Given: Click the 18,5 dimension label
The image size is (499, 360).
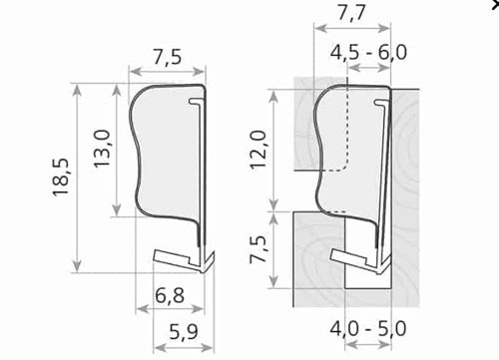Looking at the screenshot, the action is pos(61,177).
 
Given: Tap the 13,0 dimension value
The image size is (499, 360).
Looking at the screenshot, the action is pos(102,149).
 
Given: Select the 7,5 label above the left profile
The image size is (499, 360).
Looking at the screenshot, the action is pos(168,57).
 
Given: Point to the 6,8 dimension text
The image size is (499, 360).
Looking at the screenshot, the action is pos(170,295).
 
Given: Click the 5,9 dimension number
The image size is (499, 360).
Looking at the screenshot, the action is pos(184,331).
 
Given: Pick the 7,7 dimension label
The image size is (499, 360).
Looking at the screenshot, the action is pos(351,13).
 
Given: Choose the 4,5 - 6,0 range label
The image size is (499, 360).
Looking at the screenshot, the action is pos(368,53).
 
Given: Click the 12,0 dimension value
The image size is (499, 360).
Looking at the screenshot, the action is pos(258,150).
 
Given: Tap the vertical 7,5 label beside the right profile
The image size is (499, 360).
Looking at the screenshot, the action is pos(257,249).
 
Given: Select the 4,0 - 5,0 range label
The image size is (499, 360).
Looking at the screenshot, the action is pos(368,329).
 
